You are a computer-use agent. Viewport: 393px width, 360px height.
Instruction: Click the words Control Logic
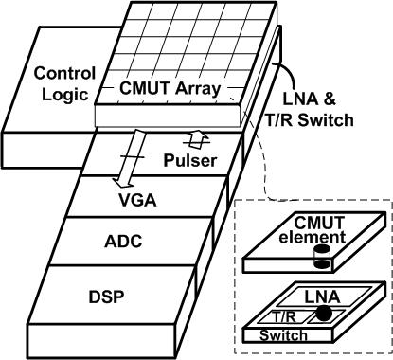(63, 83)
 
